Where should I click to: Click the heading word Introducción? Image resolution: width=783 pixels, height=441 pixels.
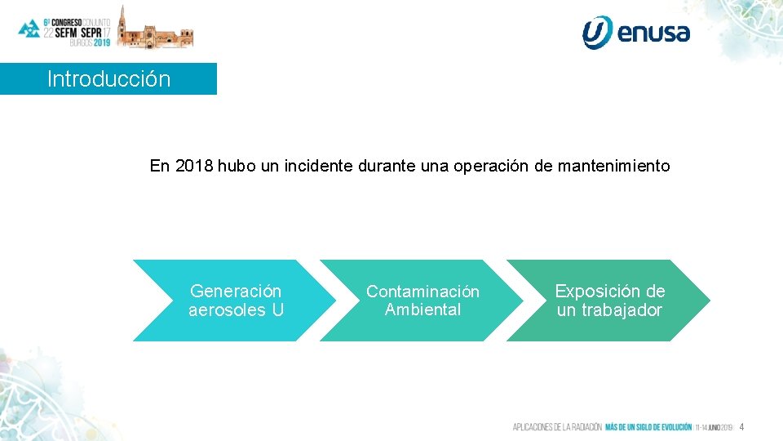click(x=108, y=79)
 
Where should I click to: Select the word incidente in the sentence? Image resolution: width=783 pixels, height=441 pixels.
click(x=319, y=167)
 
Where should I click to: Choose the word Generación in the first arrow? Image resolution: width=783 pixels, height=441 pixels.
click(x=236, y=292)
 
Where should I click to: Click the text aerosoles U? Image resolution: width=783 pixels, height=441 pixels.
click(x=236, y=310)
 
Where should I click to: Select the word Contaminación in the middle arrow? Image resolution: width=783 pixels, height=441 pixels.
click(x=422, y=292)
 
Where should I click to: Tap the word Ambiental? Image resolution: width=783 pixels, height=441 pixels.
click(x=422, y=310)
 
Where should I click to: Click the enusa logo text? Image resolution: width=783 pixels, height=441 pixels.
click(x=653, y=33)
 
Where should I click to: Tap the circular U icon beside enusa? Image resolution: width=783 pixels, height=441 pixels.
click(x=596, y=32)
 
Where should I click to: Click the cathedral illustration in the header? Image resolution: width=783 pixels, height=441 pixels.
click(x=155, y=29)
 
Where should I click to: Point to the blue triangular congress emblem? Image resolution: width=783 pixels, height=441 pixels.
click(x=29, y=28)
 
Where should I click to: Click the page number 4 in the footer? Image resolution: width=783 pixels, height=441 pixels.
click(x=742, y=427)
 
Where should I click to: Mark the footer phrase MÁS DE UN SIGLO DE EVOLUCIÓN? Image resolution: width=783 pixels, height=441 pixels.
click(x=648, y=427)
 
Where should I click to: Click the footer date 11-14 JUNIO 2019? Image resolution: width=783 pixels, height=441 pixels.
click(x=714, y=427)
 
